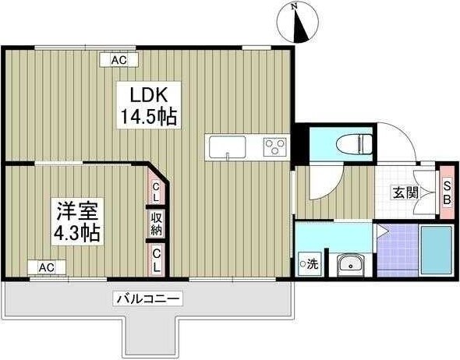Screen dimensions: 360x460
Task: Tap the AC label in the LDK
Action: click(119, 60)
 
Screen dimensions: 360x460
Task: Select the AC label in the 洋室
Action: click(47, 267)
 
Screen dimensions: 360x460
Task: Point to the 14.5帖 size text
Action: click(147, 118)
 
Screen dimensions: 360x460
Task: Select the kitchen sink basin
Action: click(226, 146)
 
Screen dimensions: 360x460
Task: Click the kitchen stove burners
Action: click(275, 146)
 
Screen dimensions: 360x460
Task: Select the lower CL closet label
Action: click(157, 259)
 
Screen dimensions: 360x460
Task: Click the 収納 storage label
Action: click(157, 224)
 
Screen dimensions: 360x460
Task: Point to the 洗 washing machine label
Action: click(310, 263)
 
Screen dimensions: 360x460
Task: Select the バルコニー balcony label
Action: click(148, 298)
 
